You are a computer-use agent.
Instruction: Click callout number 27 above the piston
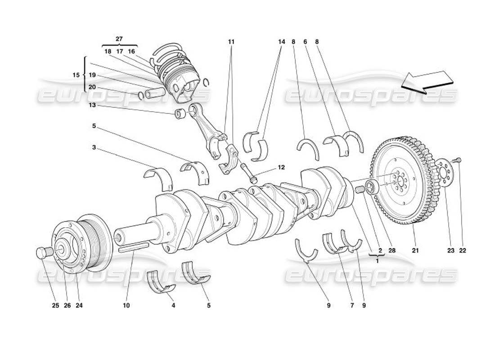(119, 39)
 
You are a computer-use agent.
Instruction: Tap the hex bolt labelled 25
(41, 253)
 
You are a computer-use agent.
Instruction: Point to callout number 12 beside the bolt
(281, 167)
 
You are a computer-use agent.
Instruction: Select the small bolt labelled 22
(458, 159)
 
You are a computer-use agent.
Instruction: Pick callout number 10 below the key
(126, 306)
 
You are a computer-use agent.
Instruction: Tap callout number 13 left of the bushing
(92, 105)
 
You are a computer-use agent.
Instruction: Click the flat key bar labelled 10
(133, 247)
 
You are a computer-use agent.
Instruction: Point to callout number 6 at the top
(305, 42)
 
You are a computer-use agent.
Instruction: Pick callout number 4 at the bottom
(173, 306)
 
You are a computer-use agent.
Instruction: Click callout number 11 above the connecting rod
(231, 42)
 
